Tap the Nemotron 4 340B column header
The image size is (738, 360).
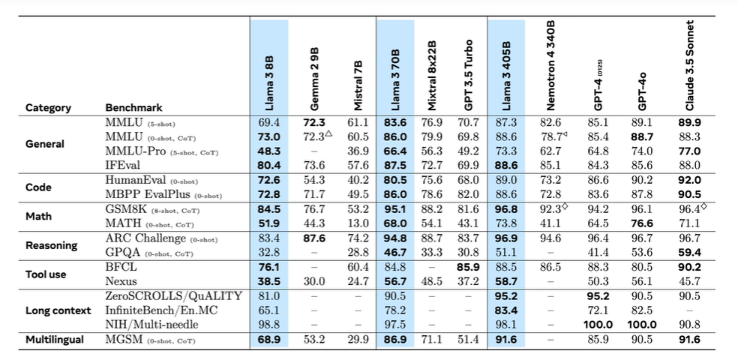(552, 68)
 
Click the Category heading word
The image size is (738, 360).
(48, 107)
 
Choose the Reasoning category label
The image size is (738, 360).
(50, 245)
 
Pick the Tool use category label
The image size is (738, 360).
(46, 274)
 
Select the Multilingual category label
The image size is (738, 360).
(54, 339)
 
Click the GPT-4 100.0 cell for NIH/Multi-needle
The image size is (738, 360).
(598, 324)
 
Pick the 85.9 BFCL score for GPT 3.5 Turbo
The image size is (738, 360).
(466, 266)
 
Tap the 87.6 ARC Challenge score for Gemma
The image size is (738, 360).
(314, 238)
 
